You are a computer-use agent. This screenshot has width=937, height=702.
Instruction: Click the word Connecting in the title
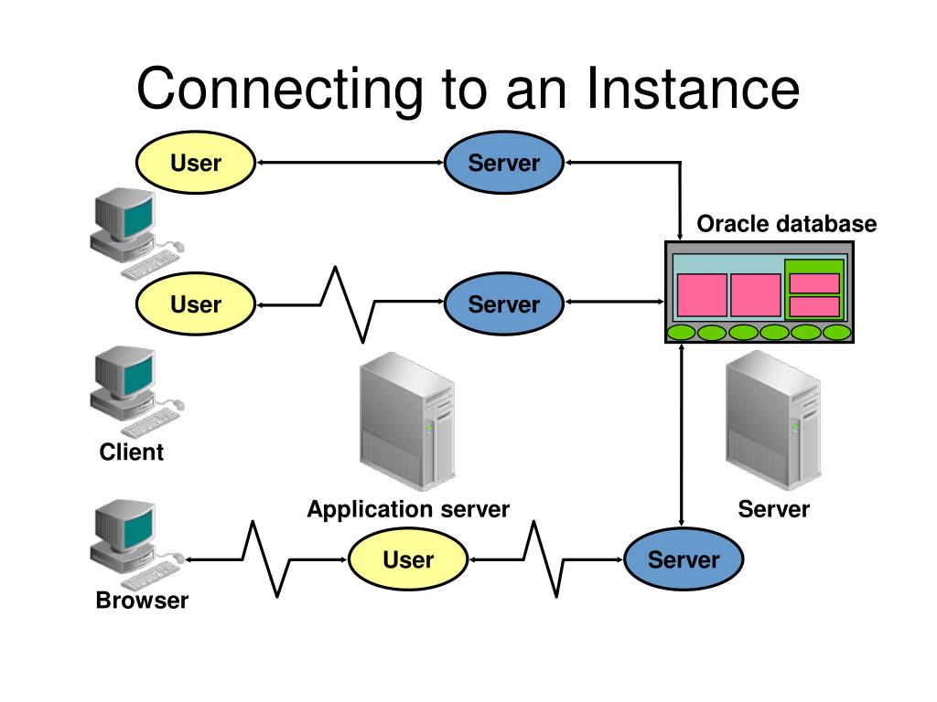[280, 90]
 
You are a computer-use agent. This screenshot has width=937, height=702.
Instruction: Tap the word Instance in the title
[693, 89]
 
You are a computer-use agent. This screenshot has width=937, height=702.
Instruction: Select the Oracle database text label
[786, 224]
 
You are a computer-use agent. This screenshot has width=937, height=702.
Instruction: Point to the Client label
[132, 452]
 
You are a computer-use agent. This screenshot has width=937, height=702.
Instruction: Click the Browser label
[142, 600]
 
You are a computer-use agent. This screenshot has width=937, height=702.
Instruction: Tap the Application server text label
[408, 509]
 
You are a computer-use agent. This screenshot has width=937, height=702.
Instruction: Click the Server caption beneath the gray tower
[774, 509]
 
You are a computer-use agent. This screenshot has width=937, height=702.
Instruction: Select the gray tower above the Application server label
[407, 421]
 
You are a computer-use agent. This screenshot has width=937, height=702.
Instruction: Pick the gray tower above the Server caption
[773, 420]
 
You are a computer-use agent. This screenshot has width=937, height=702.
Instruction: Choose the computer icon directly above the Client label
[137, 391]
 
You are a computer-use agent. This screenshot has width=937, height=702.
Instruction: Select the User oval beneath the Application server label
[408, 559]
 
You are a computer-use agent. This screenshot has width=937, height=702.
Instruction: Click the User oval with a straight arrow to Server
[196, 163]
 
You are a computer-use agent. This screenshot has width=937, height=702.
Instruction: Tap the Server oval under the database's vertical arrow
[684, 559]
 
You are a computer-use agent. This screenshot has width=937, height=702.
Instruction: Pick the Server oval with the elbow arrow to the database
[504, 163]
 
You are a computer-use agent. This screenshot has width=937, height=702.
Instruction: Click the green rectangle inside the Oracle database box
[814, 289]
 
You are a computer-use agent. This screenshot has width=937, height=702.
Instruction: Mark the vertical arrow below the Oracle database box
[681, 435]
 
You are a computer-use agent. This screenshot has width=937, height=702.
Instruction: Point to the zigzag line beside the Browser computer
[266, 559]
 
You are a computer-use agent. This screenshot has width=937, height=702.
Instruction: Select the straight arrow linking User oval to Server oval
[350, 163]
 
